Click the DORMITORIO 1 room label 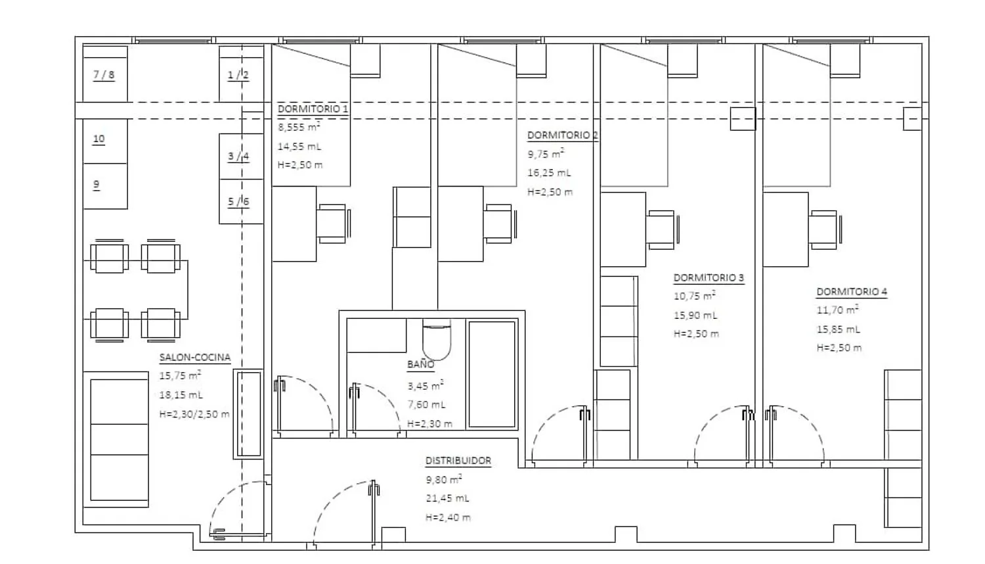313,108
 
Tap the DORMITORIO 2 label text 562,135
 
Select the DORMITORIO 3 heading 709,278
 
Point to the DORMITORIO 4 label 852,291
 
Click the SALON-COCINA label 195,357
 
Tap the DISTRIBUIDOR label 458,461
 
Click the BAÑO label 421,364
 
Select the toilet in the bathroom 437,339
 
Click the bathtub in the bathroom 492,374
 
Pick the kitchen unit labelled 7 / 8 105,74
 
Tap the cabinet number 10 105,141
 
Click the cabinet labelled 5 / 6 241,202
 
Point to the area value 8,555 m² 299,127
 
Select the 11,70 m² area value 837,310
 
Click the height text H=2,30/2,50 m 194,414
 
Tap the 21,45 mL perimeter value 447,498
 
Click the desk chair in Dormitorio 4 825,230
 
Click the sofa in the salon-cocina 116,439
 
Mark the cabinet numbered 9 105,186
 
